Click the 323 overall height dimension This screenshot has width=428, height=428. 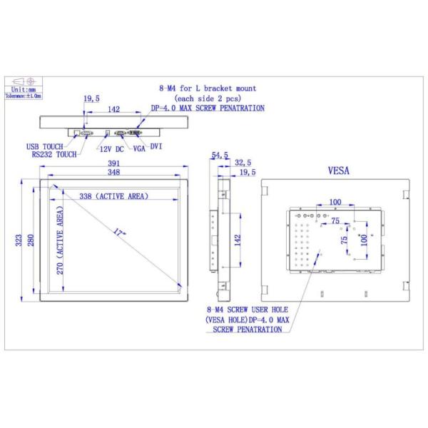[x=18, y=241]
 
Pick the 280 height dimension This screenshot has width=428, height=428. [x=31, y=241]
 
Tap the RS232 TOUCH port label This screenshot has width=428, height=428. [x=53, y=154]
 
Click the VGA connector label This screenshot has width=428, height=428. [x=139, y=148]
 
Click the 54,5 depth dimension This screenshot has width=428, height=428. [x=220, y=155]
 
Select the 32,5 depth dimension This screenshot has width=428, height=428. [x=243, y=163]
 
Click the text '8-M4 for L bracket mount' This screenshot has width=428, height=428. [x=207, y=88]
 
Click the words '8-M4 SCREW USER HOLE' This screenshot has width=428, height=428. [x=245, y=311]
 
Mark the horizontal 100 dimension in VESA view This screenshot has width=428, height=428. [x=335, y=202]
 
